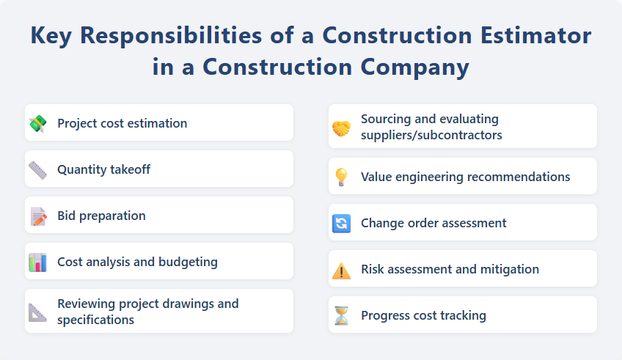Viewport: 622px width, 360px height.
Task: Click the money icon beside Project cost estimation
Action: tap(37, 123)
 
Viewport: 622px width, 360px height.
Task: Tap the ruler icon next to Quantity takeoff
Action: tap(37, 169)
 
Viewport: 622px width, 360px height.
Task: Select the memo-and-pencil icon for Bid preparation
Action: tap(37, 216)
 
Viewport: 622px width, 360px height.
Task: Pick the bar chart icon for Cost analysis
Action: tap(37, 262)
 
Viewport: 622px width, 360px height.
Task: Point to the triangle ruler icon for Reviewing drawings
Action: tap(37, 312)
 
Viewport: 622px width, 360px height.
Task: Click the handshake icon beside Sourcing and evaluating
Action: tap(341, 128)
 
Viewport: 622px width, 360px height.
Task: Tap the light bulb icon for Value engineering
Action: tap(341, 177)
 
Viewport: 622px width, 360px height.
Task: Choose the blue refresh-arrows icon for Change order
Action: tap(341, 223)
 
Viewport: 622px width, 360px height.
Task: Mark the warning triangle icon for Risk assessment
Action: tap(341, 270)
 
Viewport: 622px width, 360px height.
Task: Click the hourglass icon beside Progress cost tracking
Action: tap(341, 316)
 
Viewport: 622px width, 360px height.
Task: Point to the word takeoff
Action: tap(126, 169)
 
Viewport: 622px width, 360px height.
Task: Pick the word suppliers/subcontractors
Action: tap(431, 135)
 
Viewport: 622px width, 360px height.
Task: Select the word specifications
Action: tap(95, 320)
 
